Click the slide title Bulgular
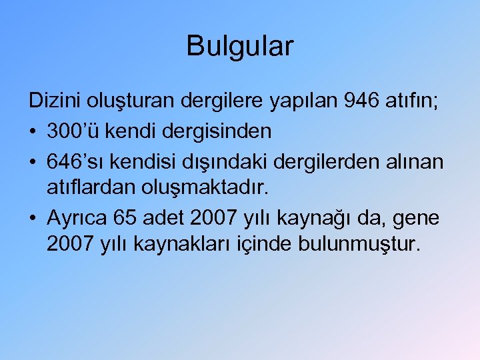[240, 47]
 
